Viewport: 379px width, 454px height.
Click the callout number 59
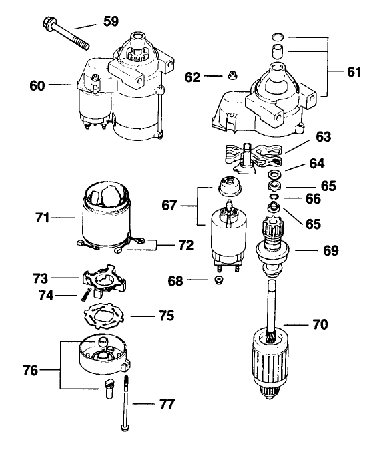pyautogui.click(x=111, y=22)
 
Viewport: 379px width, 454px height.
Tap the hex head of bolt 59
pyautogui.click(x=48, y=23)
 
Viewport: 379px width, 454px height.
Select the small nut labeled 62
pyautogui.click(x=232, y=75)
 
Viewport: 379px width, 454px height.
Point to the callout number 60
pyautogui.click(x=37, y=86)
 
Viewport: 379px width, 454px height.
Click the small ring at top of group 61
pyautogui.click(x=278, y=37)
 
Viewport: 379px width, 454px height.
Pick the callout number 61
pyautogui.click(x=354, y=72)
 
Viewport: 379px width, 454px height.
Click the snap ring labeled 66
pyautogui.click(x=274, y=197)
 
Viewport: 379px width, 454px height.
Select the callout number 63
pyautogui.click(x=323, y=136)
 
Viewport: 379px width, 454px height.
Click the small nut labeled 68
pyautogui.click(x=218, y=280)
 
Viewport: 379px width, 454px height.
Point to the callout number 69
pyautogui.click(x=330, y=250)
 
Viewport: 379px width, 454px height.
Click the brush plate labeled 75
pyautogui.click(x=103, y=316)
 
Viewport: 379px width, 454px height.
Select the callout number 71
pyautogui.click(x=43, y=218)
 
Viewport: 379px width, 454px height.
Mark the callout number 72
pyautogui.click(x=185, y=245)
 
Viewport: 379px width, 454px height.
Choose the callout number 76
pyautogui.click(x=31, y=371)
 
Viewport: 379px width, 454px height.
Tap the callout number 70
pyautogui.click(x=320, y=324)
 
